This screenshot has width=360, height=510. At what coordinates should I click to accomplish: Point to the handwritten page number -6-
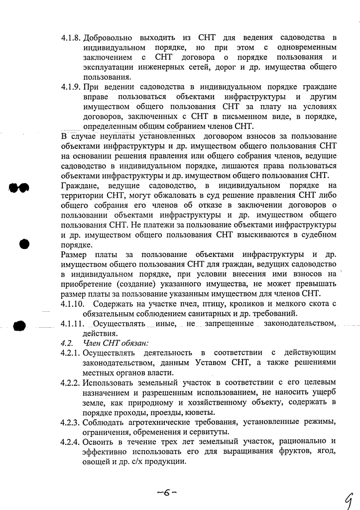click(167, 493)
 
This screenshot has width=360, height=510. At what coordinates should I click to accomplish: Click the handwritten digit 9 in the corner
click(349, 498)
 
